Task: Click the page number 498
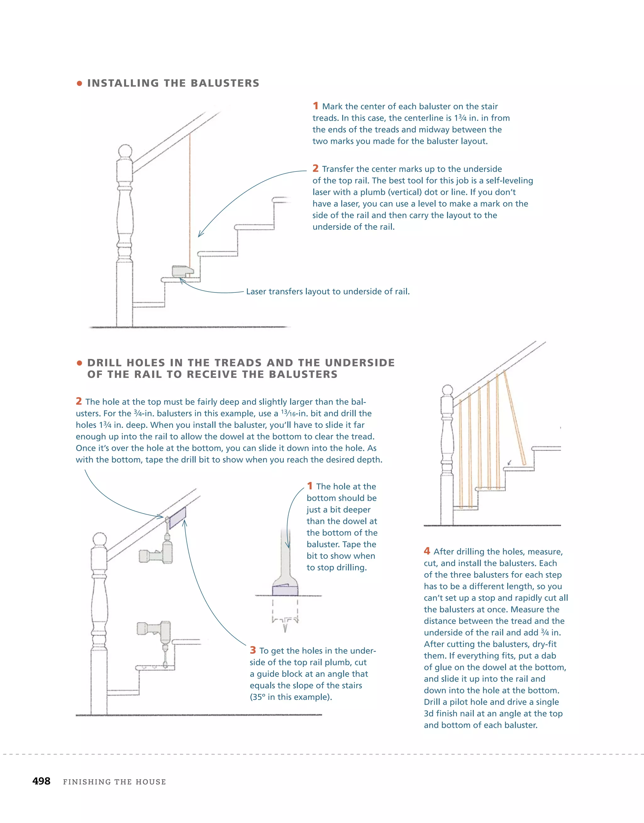(x=41, y=781)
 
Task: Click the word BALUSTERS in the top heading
(x=225, y=83)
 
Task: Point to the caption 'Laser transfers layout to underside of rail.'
(x=327, y=291)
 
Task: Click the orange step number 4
(x=427, y=551)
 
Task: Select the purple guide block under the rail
(x=177, y=517)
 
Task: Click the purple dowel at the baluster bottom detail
(x=285, y=590)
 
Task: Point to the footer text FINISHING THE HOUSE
(x=114, y=782)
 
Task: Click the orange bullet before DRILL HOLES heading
(x=79, y=363)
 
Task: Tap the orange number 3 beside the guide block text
(x=253, y=650)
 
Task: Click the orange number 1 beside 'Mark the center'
(x=315, y=106)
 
